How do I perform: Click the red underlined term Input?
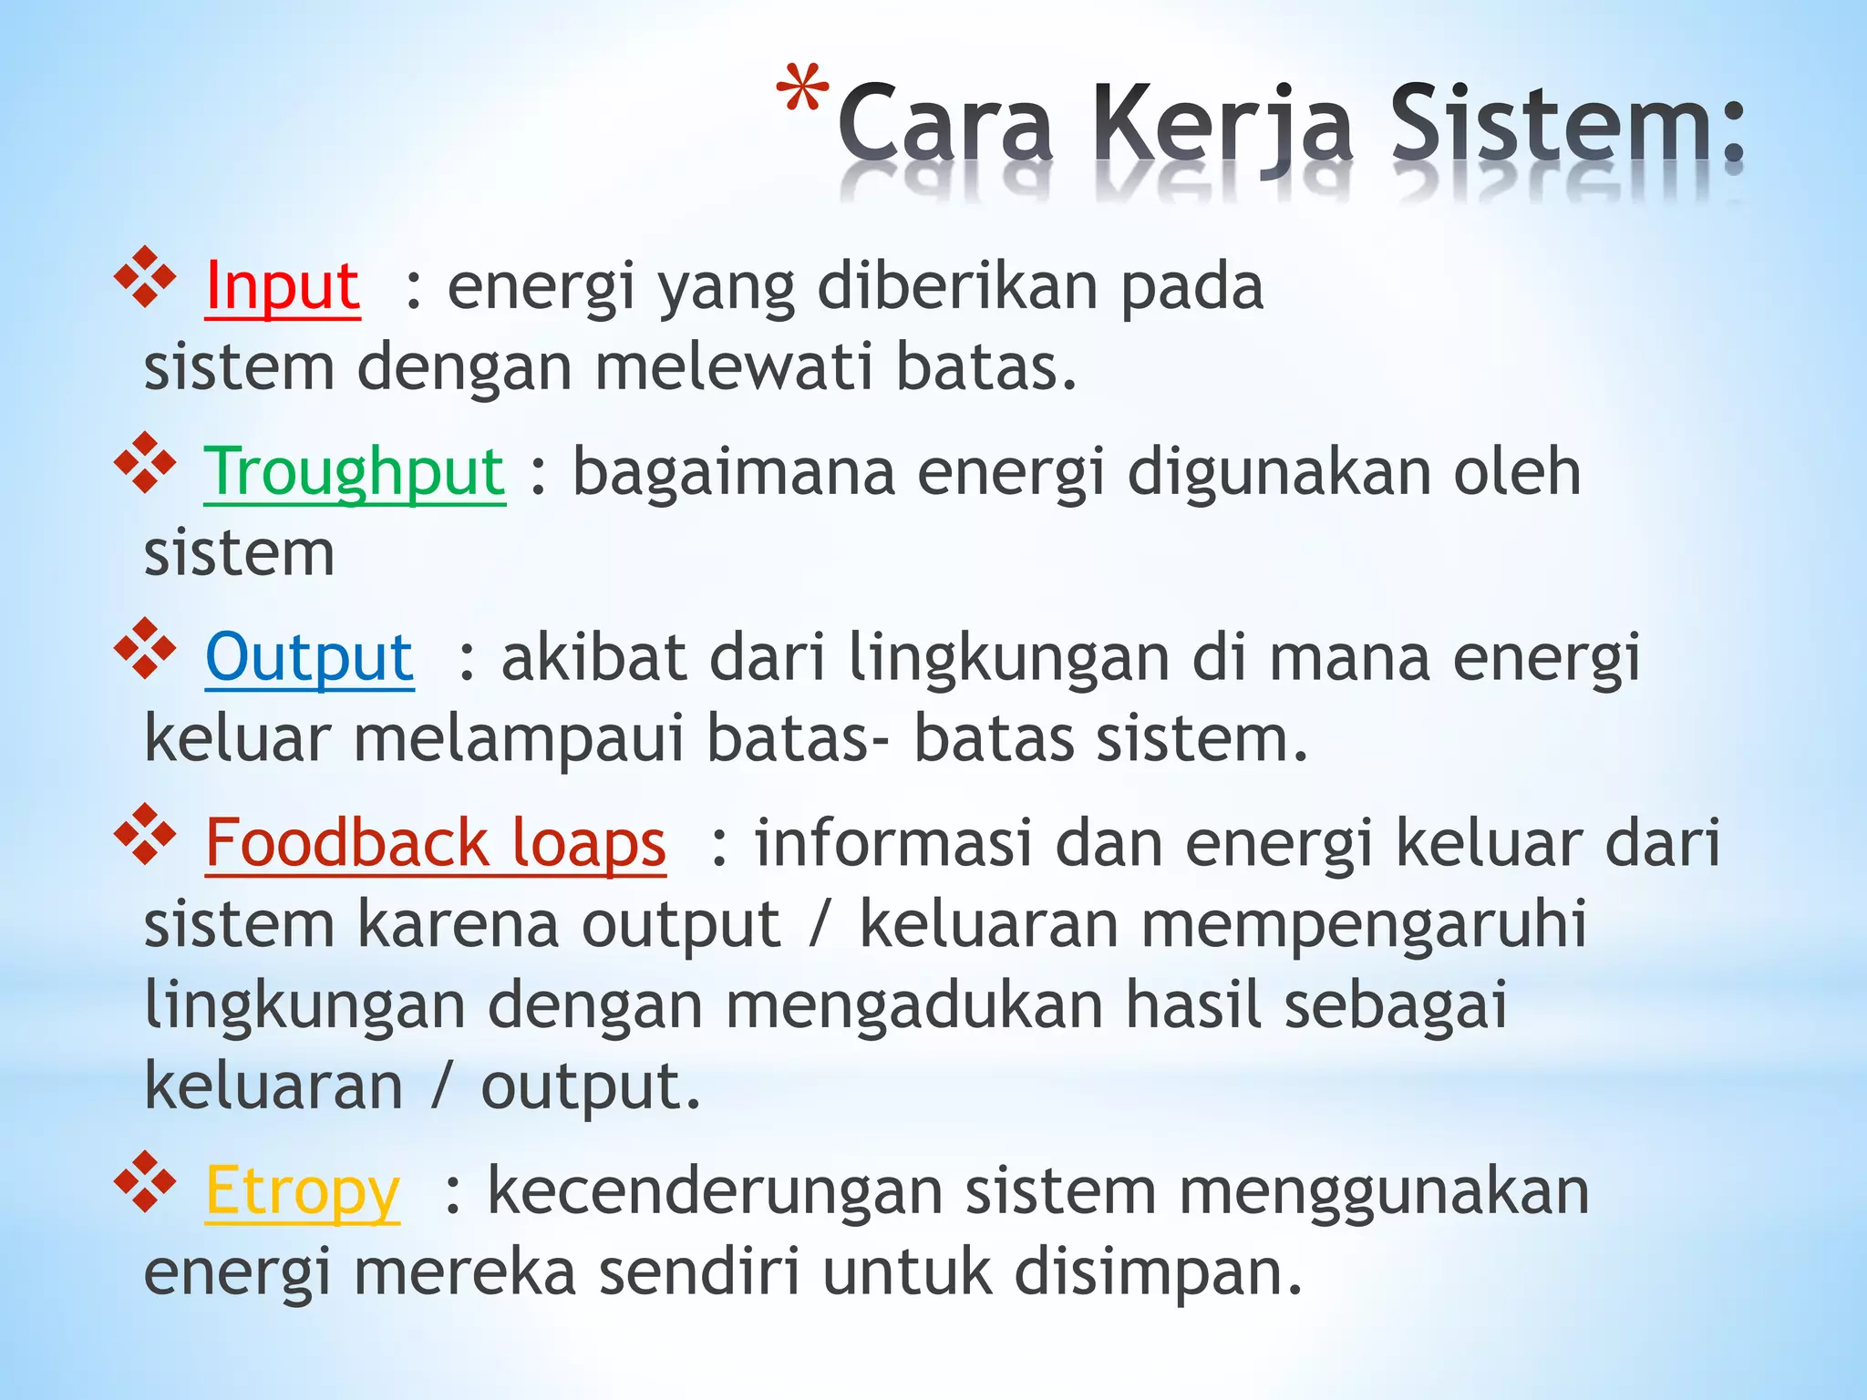point(283,288)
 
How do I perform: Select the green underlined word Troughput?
point(354,473)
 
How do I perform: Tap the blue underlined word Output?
point(309,658)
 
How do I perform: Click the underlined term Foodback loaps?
point(435,843)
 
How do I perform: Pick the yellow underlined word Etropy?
point(302,1192)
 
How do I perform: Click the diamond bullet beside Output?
point(144,646)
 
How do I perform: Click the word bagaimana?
point(733,473)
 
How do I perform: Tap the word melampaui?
point(519,738)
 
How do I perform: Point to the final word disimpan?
point(1158,1273)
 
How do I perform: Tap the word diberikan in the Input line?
point(958,288)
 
